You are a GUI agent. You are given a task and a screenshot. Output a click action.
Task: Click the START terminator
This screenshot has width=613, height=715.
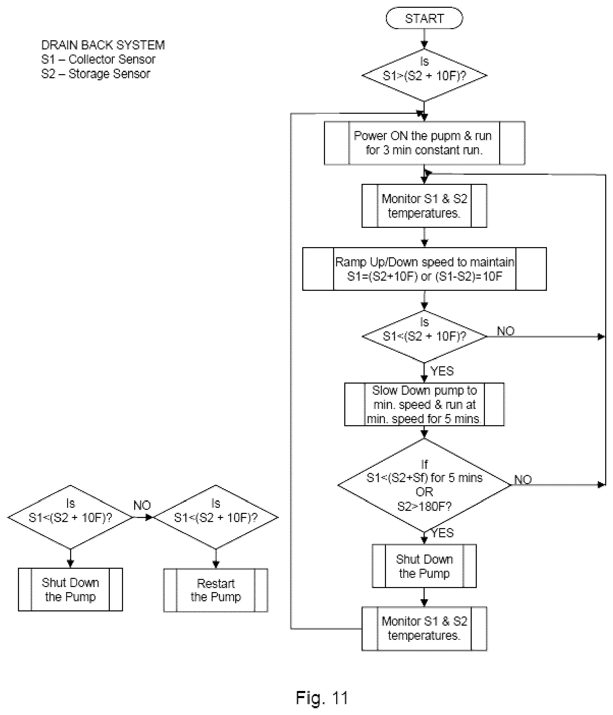(x=424, y=18)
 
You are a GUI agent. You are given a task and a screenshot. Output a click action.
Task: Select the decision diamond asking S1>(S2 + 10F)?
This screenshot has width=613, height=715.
(x=424, y=75)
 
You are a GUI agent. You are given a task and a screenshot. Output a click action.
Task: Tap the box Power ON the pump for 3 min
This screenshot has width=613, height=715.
(x=425, y=143)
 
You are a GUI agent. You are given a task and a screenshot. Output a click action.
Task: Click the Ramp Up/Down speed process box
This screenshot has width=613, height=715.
(x=425, y=269)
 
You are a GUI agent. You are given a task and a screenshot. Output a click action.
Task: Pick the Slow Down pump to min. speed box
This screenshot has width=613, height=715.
(x=425, y=404)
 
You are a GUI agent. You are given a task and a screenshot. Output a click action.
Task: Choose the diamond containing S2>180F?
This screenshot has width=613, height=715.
(x=424, y=485)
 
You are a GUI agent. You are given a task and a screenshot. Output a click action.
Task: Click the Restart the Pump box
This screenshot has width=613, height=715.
(x=216, y=590)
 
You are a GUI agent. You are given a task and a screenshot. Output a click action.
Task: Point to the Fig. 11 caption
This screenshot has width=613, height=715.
(x=322, y=697)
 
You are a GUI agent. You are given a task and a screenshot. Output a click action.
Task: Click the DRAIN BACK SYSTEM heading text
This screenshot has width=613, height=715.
(x=103, y=45)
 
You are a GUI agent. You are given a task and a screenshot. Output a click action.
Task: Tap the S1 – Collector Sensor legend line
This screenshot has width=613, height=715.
(x=98, y=59)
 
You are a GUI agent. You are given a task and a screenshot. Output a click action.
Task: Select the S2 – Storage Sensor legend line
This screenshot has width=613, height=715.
(x=96, y=74)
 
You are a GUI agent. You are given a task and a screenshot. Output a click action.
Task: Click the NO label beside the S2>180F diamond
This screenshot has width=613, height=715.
(x=523, y=479)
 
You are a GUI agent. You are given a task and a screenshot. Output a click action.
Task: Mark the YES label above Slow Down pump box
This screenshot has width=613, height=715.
(x=442, y=371)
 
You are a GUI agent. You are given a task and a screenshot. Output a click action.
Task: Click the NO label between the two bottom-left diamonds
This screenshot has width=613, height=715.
(x=142, y=505)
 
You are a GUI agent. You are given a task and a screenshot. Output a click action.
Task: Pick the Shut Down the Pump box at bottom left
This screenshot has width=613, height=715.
(x=70, y=589)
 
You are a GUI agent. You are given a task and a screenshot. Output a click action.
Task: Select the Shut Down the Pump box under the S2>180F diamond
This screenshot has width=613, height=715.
(x=424, y=566)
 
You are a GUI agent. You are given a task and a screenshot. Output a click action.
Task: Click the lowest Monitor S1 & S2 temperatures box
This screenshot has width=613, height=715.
(x=425, y=628)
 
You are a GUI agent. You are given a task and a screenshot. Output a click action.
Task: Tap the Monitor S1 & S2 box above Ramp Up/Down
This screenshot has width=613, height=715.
(x=425, y=206)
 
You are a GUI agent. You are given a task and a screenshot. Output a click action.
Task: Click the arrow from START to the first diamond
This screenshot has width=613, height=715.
(x=424, y=39)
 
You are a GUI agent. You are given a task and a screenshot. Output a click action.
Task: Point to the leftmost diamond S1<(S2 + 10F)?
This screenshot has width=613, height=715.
(x=70, y=517)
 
